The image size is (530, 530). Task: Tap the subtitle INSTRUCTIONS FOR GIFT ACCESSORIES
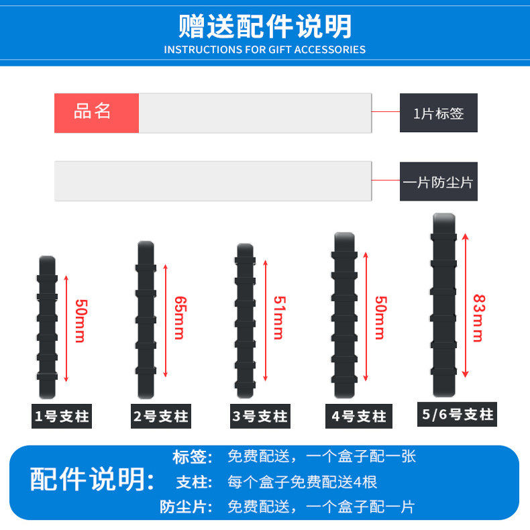265,50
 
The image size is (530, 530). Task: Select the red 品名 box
96,113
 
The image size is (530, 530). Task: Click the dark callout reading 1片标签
439,113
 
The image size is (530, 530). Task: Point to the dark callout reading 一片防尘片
439,181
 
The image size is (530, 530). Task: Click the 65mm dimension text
179,317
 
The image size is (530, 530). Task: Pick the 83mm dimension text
478,317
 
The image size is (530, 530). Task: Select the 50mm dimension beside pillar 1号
80,321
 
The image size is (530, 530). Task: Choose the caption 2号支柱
160,417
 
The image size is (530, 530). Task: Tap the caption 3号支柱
260,417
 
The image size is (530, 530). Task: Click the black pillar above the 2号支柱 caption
146,319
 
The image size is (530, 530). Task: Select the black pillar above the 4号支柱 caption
343,315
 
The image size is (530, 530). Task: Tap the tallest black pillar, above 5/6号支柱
443,305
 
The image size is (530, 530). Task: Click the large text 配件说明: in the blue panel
93,480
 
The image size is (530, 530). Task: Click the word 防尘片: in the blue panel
186,507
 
